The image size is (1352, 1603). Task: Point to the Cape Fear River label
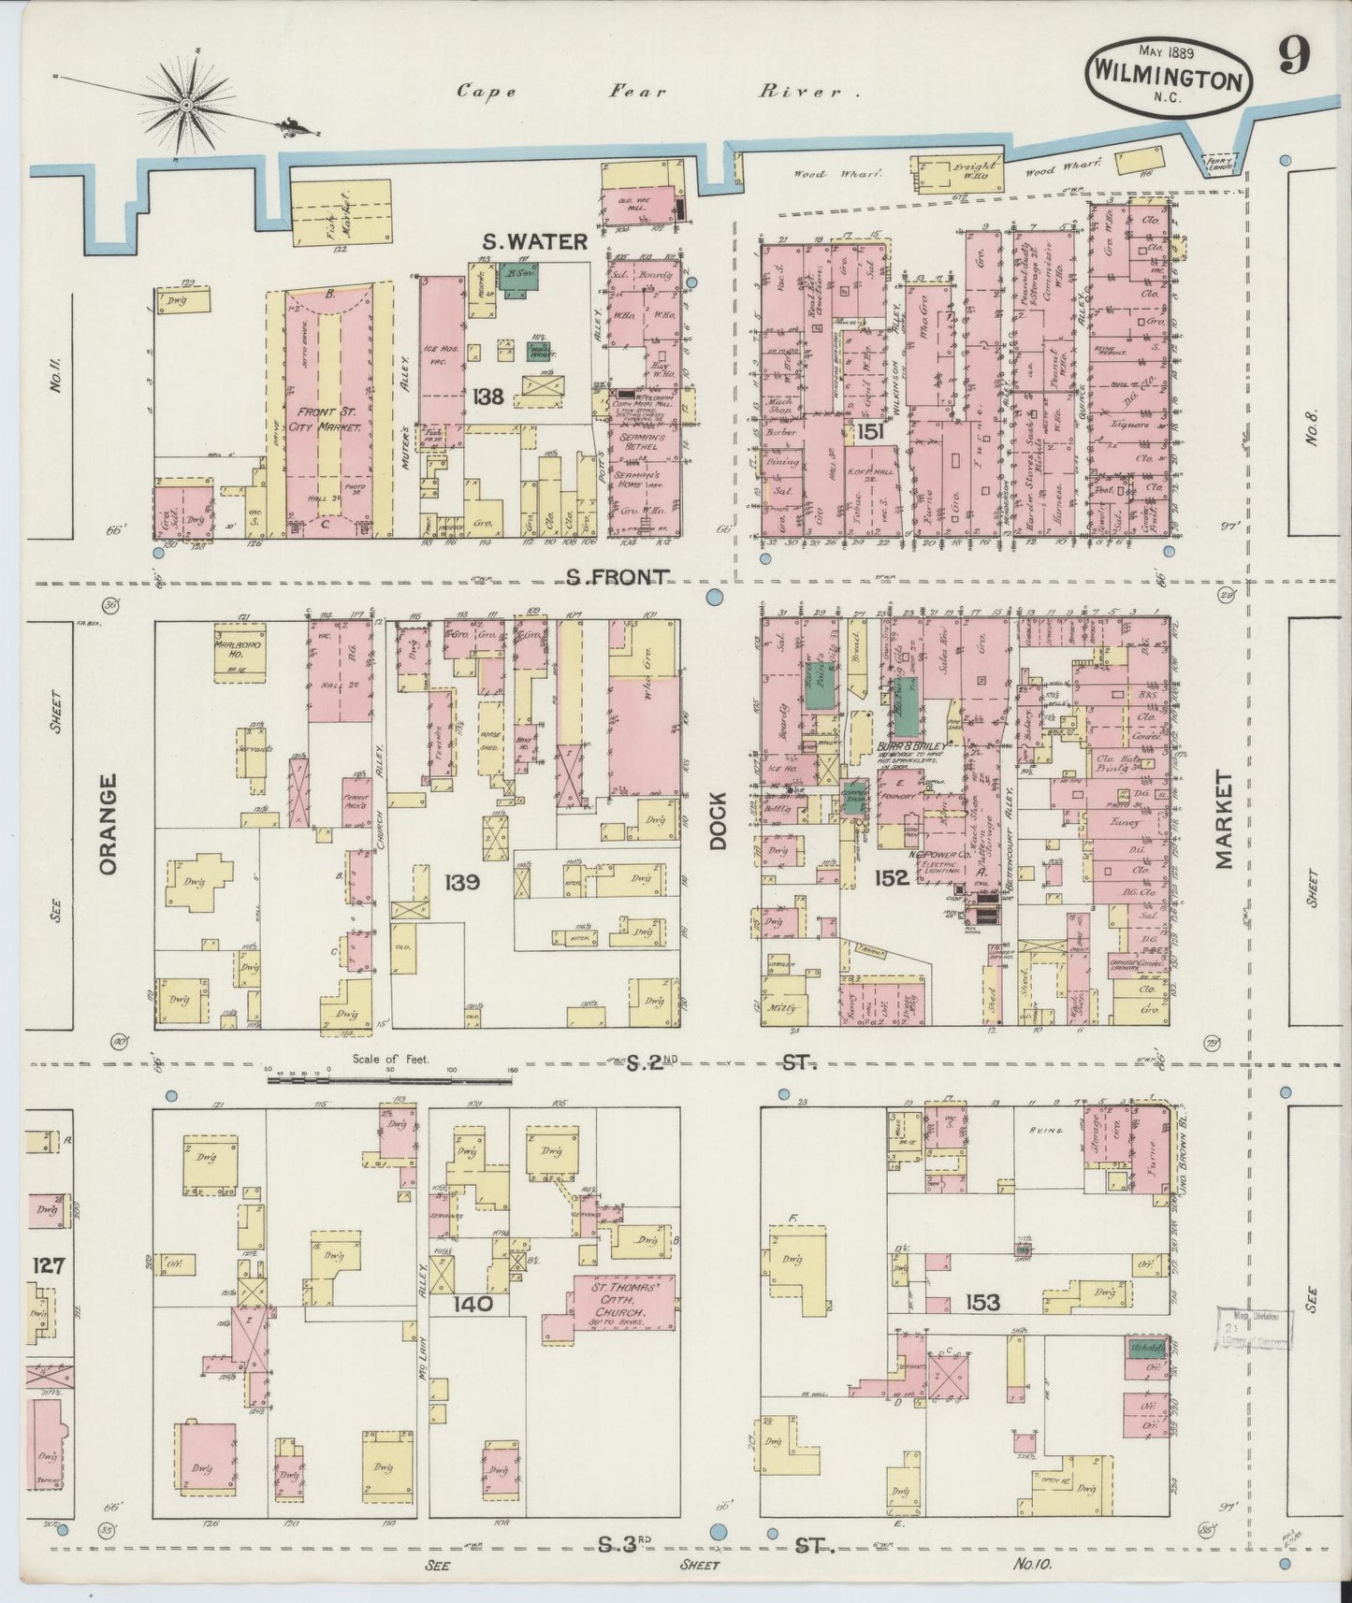pyautogui.click(x=659, y=92)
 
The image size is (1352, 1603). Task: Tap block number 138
pyautogui.click(x=487, y=396)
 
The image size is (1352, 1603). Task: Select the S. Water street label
pyautogui.click(x=536, y=242)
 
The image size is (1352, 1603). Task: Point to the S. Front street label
pyautogui.click(x=618, y=578)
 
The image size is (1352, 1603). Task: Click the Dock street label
pyautogui.click(x=718, y=821)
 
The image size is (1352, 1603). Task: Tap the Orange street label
pyautogui.click(x=108, y=823)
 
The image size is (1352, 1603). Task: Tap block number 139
pyautogui.click(x=462, y=881)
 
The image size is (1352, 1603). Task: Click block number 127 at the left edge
pyautogui.click(x=48, y=1265)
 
